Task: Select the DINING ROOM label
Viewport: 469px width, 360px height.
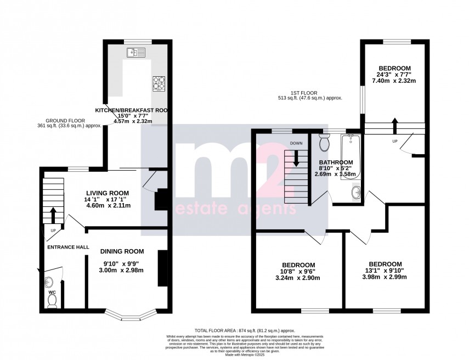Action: tap(122, 251)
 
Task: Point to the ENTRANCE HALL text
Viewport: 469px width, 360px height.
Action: tap(67, 248)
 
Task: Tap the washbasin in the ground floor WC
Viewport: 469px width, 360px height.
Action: tap(49, 283)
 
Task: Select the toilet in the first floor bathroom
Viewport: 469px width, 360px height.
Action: tap(324, 143)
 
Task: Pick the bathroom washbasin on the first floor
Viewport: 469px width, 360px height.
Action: tap(356, 192)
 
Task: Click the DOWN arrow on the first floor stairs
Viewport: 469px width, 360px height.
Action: tap(296, 158)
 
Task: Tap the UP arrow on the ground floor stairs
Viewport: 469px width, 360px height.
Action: tap(53, 214)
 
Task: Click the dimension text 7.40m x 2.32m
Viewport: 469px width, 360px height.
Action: tap(394, 81)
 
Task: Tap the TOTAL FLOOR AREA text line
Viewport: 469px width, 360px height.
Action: tap(234, 331)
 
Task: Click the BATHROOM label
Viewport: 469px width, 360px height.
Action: tap(336, 162)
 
